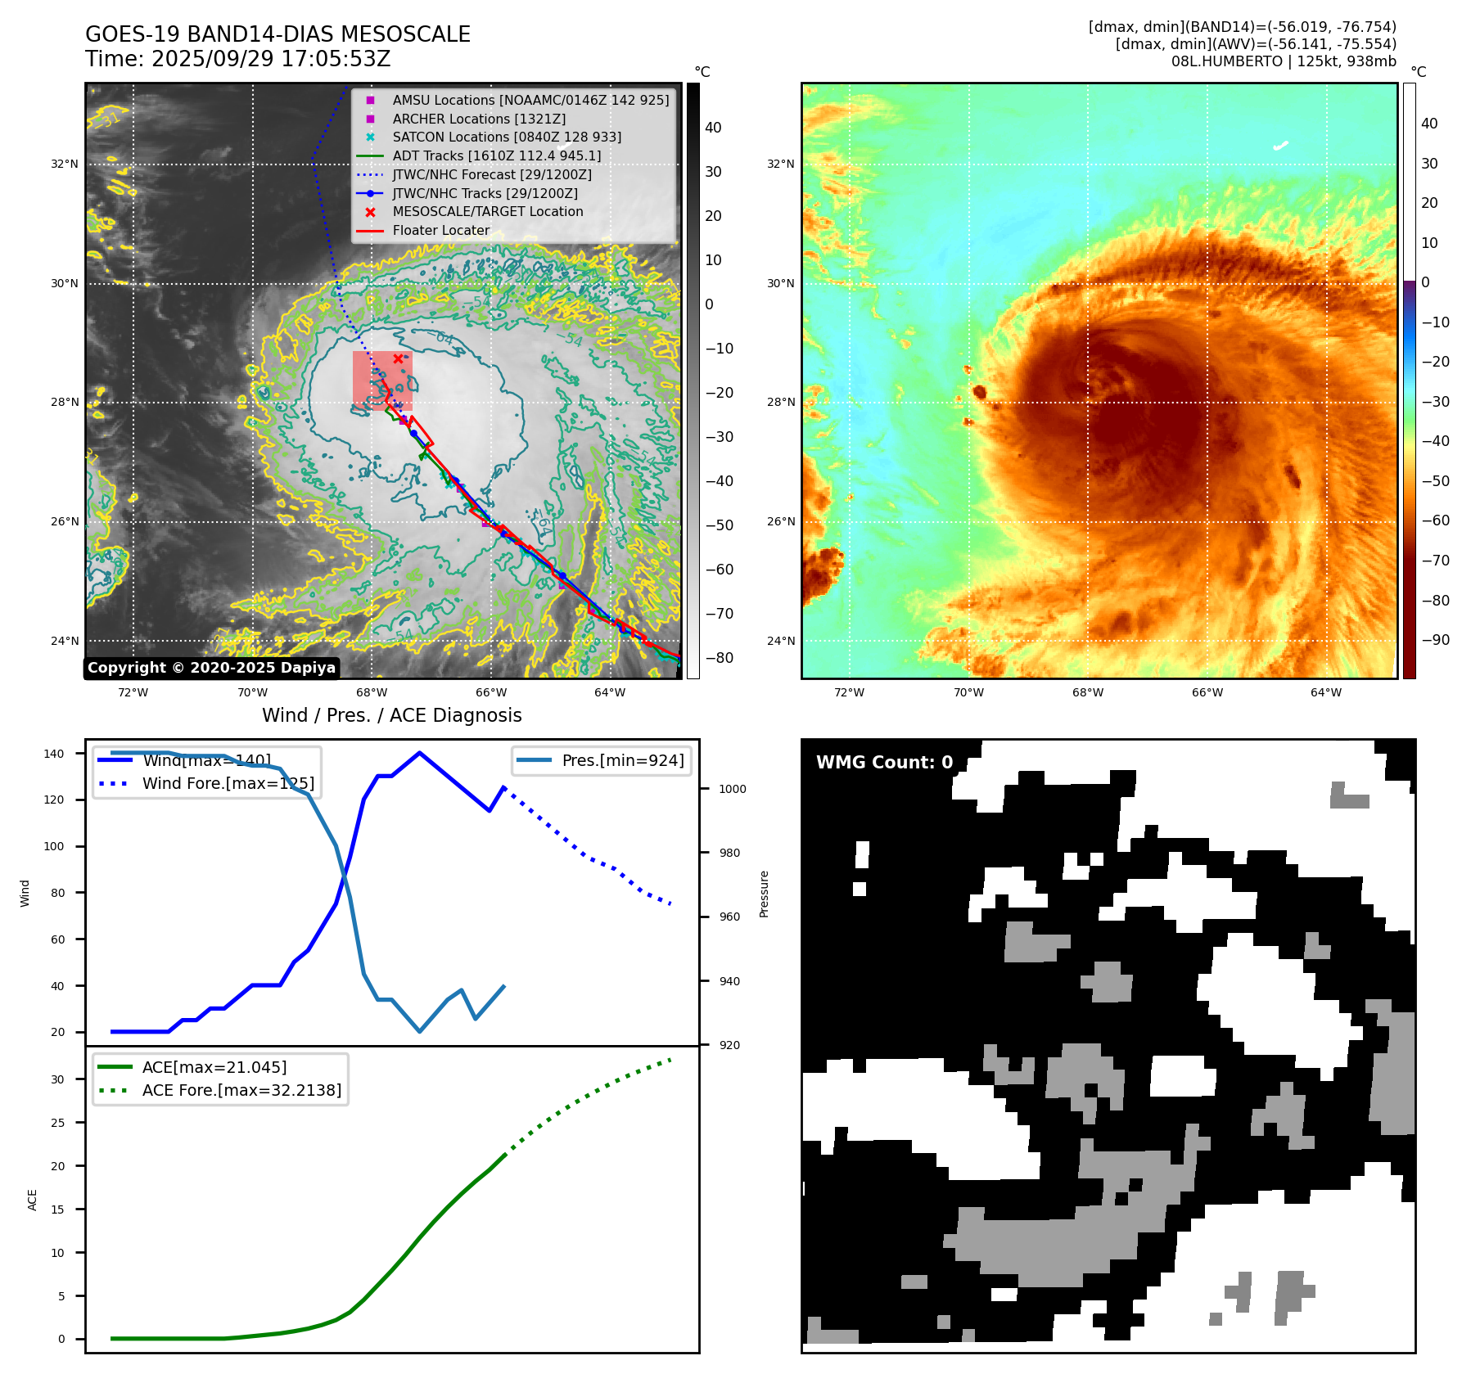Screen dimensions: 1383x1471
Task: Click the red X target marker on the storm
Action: click(x=398, y=358)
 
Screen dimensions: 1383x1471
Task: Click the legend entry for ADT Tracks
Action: click(x=496, y=155)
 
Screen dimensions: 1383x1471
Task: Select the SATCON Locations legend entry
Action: click(x=506, y=137)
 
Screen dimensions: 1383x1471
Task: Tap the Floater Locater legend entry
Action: click(x=440, y=230)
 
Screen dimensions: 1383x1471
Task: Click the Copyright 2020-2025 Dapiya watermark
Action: click(x=211, y=668)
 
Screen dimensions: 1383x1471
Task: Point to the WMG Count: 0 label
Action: click(x=884, y=762)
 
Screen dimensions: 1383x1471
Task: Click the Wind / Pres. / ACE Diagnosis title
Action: click(x=391, y=715)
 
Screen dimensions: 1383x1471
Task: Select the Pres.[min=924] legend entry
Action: click(x=622, y=760)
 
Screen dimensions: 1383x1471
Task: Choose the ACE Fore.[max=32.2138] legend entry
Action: click(x=241, y=1090)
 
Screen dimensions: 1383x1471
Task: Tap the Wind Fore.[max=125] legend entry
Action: click(x=228, y=783)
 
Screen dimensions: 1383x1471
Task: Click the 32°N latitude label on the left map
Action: click(x=65, y=164)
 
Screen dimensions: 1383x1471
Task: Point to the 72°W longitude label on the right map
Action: click(x=849, y=692)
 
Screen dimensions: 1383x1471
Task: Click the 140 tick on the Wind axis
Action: click(x=54, y=754)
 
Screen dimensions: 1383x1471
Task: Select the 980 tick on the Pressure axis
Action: click(x=729, y=853)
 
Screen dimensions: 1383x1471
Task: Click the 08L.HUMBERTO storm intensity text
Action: click(x=1283, y=61)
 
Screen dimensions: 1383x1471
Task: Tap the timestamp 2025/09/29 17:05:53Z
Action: click(x=271, y=59)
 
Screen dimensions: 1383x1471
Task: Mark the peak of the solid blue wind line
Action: click(x=419, y=753)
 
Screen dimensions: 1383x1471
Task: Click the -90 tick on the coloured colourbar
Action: click(x=1435, y=640)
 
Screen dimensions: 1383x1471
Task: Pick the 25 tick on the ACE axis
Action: click(x=57, y=1123)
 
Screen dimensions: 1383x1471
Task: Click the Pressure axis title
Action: click(x=764, y=894)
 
